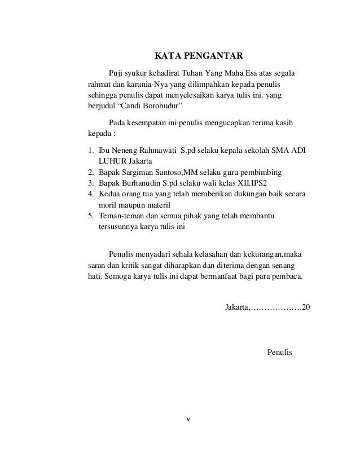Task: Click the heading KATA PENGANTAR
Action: tap(199, 56)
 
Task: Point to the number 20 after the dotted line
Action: tap(305, 308)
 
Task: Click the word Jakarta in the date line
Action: tap(235, 308)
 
